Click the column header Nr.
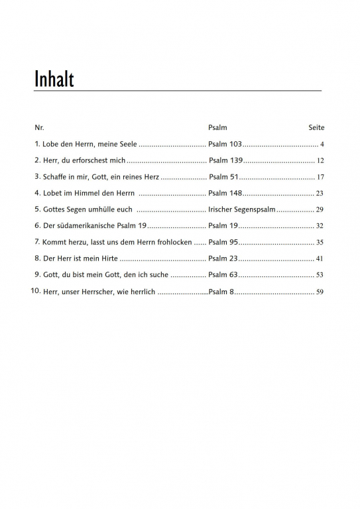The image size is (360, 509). click(x=39, y=127)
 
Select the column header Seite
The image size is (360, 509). click(x=316, y=127)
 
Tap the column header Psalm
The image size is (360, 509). click(x=217, y=127)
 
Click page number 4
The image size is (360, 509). click(x=321, y=144)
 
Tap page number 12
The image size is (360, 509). click(x=320, y=161)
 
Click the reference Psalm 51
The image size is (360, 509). click(x=223, y=177)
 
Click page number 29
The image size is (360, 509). click(x=320, y=209)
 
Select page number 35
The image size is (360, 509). click(x=320, y=243)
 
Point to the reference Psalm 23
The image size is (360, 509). click(x=223, y=258)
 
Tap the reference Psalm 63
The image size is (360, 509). click(x=223, y=274)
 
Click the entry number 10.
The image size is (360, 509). click(x=36, y=291)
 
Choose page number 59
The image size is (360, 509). click(x=320, y=292)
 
